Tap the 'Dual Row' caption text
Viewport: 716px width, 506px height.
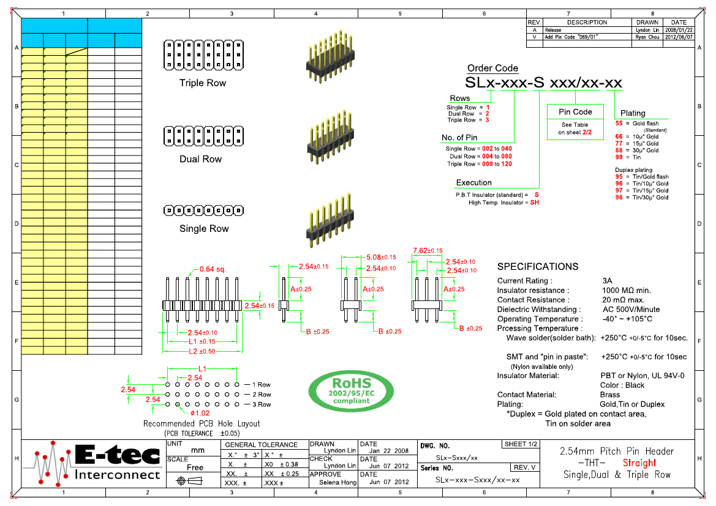pos(201,159)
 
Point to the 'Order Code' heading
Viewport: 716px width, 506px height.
pos(492,69)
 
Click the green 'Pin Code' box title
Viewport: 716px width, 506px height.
pos(575,112)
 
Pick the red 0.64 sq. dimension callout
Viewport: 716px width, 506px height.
pos(213,269)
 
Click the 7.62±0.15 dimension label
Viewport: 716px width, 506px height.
pos(428,251)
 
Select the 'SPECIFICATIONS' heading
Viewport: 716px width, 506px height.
pos(537,267)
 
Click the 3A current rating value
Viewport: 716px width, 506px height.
pos(607,281)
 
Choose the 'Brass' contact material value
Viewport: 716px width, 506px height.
pos(610,395)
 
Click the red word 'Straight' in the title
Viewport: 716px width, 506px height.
pos(639,463)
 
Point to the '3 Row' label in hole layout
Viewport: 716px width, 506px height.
pos(261,404)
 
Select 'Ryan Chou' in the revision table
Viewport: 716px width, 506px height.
pos(646,37)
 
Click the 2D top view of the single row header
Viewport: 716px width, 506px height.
pos(204,210)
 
